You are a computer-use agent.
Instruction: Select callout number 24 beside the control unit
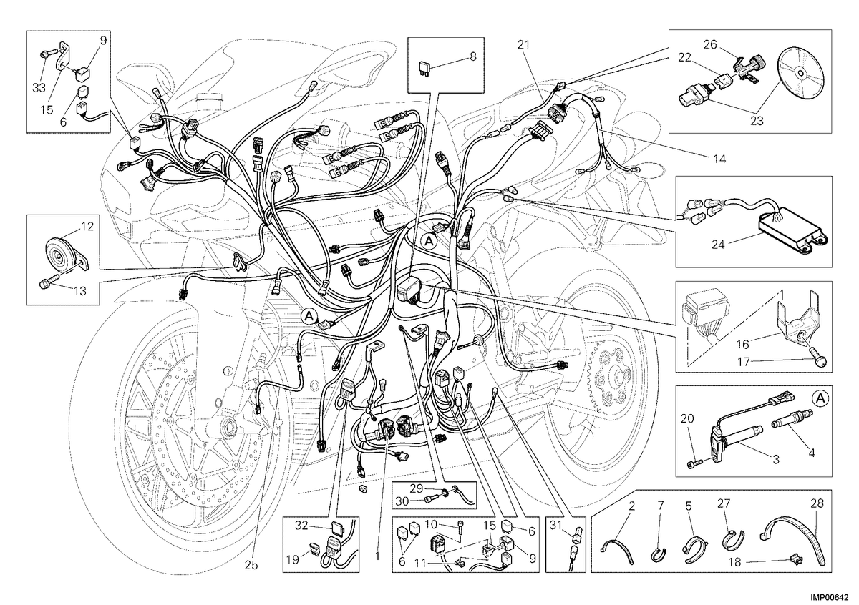[x=718, y=244]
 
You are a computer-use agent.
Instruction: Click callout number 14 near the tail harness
[x=719, y=159]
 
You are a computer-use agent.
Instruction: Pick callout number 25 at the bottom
[x=251, y=565]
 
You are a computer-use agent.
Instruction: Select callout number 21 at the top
[x=523, y=45]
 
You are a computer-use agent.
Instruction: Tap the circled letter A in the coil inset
[x=820, y=398]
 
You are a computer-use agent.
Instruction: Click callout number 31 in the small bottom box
[x=555, y=525]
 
